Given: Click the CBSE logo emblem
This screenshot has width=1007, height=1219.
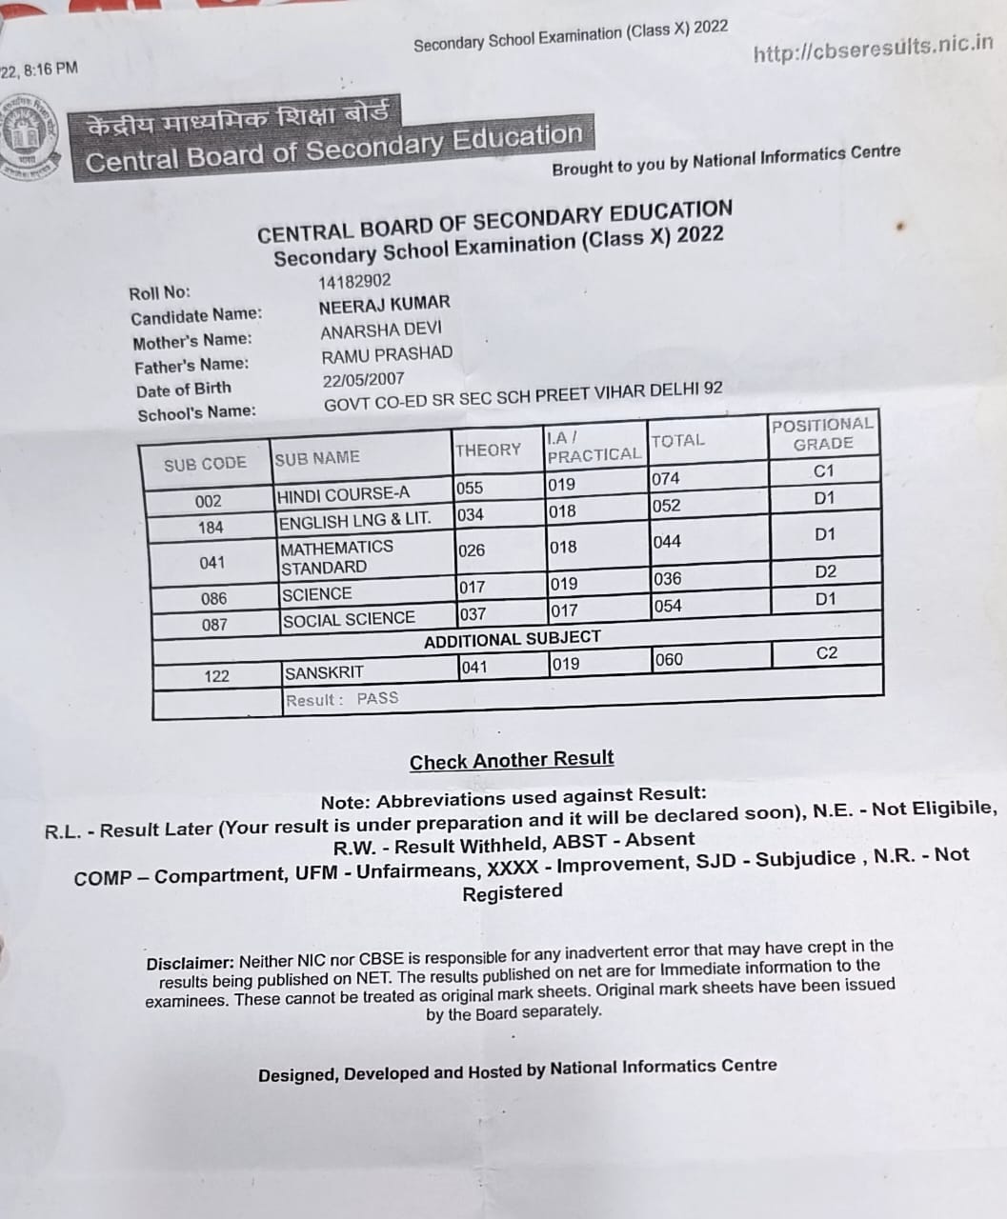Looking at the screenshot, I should (x=27, y=136).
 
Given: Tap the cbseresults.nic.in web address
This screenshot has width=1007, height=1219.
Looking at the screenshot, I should (x=873, y=49).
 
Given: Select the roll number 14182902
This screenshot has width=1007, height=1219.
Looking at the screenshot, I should (x=354, y=281).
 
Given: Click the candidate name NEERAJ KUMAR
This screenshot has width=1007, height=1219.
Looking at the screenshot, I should (x=384, y=305).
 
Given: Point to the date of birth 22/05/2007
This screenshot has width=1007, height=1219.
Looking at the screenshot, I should (x=363, y=378).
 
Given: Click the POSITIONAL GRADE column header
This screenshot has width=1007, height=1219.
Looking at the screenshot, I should (x=822, y=434).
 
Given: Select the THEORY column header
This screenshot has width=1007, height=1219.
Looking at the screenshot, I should (x=488, y=450).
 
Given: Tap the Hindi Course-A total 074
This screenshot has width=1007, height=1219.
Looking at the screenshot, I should (x=666, y=479).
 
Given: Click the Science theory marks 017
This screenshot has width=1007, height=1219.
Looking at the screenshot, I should (x=473, y=587).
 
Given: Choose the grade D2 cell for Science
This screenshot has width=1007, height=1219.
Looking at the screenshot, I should (x=825, y=571).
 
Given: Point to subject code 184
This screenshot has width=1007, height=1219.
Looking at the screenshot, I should (x=211, y=527).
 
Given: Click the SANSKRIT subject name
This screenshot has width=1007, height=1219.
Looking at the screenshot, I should (x=324, y=672).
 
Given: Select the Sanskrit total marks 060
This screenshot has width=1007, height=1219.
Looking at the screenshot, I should (x=669, y=659).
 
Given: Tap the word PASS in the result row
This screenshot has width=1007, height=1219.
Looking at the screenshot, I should (x=377, y=698).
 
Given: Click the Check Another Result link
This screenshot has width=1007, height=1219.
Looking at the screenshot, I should (x=512, y=760).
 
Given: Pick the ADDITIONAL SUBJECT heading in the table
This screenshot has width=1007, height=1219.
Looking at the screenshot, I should (x=513, y=639).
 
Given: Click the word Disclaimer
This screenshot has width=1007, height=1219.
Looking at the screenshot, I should (x=190, y=963).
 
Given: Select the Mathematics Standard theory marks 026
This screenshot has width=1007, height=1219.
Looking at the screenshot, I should (x=472, y=550).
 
